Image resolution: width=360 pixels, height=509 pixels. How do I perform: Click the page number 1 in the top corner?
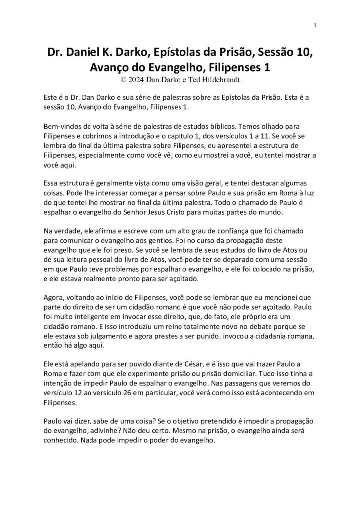tap(316, 25)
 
